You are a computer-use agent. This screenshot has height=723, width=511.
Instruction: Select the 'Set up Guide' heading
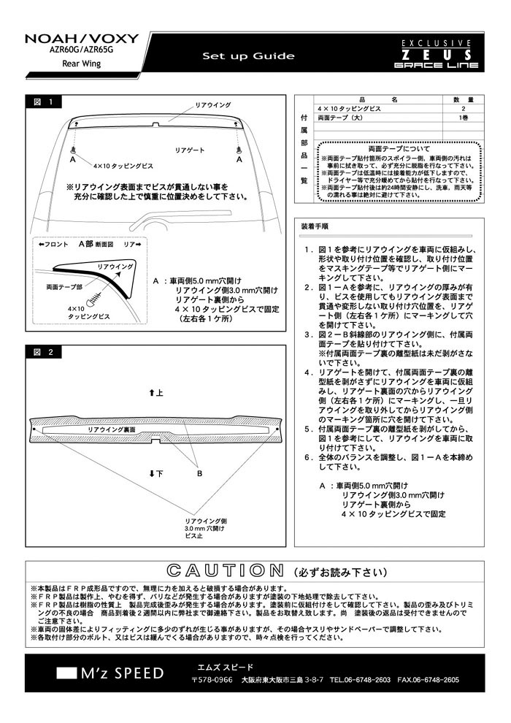click(x=248, y=56)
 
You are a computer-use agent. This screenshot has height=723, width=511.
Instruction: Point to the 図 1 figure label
click(x=44, y=102)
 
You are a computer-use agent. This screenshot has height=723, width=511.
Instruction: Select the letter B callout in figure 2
click(x=199, y=473)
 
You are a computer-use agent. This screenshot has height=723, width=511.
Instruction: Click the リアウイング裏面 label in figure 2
click(x=111, y=431)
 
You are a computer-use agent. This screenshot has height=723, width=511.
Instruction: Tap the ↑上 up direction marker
click(x=155, y=393)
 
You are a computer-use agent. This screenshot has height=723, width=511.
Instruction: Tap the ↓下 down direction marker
click(x=155, y=474)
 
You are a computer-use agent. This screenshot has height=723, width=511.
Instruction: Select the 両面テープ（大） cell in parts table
click(x=342, y=117)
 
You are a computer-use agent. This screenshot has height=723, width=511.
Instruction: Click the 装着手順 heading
click(x=315, y=226)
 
